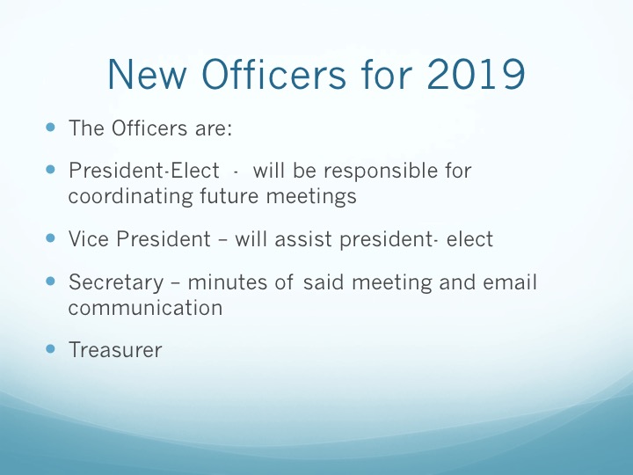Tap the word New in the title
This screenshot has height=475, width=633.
point(148,74)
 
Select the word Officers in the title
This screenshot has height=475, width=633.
point(273,73)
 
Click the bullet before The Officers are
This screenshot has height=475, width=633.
point(50,128)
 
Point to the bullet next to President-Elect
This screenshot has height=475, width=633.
point(50,169)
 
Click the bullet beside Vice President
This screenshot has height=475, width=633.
point(50,237)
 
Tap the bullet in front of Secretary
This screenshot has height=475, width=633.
point(50,281)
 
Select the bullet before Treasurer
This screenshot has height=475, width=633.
point(50,348)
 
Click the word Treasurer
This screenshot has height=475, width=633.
point(115,350)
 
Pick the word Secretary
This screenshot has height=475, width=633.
point(116,283)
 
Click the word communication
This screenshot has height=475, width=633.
point(145,308)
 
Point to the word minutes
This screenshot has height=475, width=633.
point(228,282)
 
